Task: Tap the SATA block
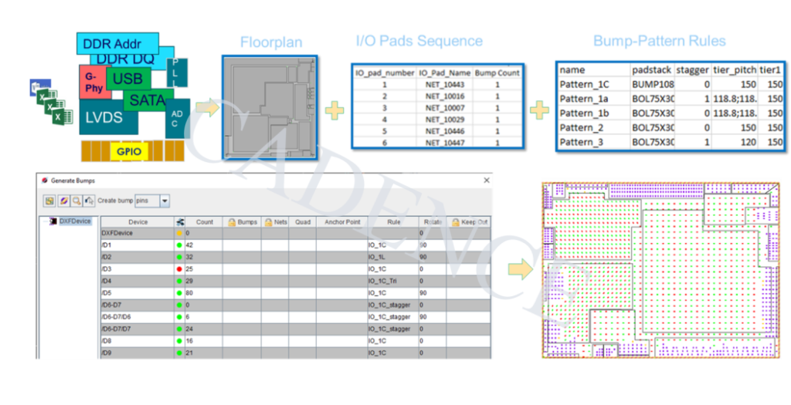(x=147, y=100)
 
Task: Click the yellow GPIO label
(x=129, y=151)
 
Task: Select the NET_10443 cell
(x=445, y=85)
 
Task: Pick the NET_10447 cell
(x=445, y=143)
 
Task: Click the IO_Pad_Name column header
(x=445, y=73)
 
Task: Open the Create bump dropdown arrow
(x=164, y=201)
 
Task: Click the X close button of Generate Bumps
(x=486, y=181)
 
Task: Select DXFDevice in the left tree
(x=74, y=221)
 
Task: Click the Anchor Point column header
(x=342, y=222)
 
